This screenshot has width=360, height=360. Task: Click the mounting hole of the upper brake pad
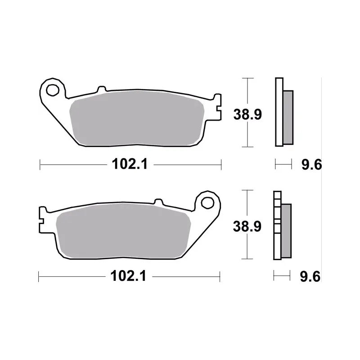click(53, 90)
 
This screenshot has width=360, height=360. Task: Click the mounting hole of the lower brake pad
click(207, 203)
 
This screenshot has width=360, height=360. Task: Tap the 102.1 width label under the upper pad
click(130, 164)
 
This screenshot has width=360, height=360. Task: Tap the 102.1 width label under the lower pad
click(128, 276)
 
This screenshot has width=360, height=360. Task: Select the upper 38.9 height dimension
click(247, 114)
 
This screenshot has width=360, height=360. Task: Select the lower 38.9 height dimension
click(247, 226)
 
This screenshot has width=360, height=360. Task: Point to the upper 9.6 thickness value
click(311, 165)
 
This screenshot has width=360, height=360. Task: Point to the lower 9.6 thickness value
click(310, 276)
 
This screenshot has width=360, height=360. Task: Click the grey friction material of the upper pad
click(137, 118)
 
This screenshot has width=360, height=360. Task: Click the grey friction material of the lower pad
click(123, 230)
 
